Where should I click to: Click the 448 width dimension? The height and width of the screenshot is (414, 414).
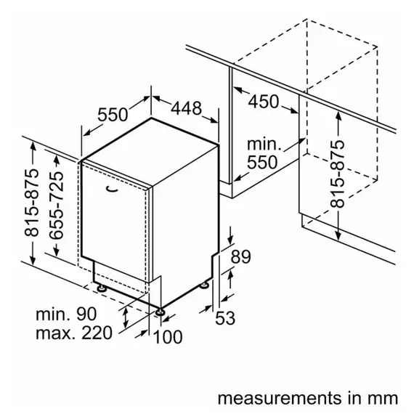187,108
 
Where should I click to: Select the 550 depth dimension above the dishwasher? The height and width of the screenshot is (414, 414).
113,115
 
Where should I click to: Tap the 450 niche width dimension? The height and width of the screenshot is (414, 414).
264,102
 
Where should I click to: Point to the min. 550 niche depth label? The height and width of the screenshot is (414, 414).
263,153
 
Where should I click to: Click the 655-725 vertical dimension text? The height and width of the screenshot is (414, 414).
57,206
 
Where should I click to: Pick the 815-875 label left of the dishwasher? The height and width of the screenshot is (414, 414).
31,202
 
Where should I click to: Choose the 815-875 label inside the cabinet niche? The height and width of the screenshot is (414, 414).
338,174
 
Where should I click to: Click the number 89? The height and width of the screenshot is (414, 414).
240,256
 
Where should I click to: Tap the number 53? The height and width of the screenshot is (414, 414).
225,318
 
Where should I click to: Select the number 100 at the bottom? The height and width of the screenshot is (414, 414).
168,336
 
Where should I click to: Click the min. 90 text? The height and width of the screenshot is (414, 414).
66,314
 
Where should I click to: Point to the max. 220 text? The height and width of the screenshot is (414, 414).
74,333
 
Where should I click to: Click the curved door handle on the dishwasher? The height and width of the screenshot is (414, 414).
112,189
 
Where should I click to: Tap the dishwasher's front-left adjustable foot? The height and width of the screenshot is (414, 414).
102,288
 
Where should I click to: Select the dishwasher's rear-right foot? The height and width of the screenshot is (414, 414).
204,285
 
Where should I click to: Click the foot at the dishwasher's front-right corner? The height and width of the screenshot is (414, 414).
160,312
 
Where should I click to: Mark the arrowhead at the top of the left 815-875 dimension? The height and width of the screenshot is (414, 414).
33,145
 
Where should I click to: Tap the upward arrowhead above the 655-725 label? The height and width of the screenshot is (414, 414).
57,159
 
